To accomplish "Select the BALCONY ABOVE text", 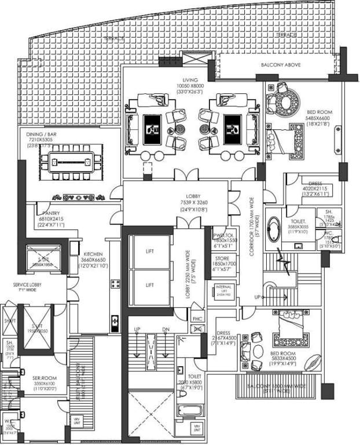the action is [x=279, y=64].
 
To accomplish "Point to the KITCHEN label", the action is [x=93, y=254].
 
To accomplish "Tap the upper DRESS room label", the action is [x=315, y=183].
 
